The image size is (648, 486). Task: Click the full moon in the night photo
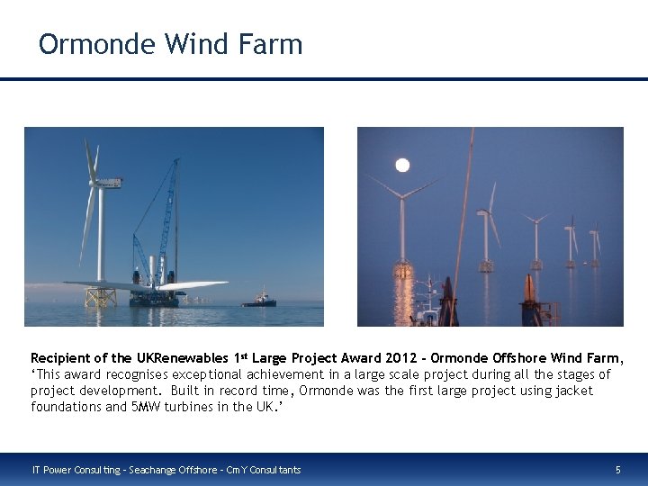coord(402,165)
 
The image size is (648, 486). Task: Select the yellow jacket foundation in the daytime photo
coord(100,296)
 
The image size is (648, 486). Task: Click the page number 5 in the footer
coord(617,470)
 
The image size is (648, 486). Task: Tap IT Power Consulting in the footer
coord(68,470)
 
